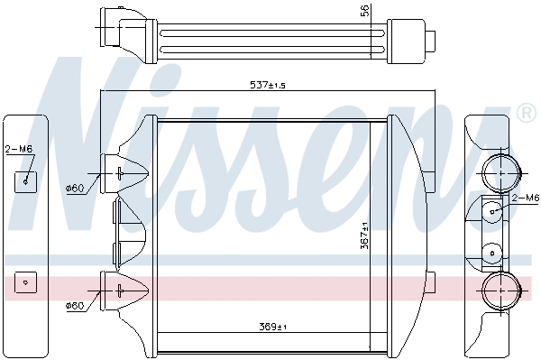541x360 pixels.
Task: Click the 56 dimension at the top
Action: pos(366,11)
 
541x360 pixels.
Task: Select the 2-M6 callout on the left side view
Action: pos(19,150)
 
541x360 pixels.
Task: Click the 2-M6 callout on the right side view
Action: pos(525,197)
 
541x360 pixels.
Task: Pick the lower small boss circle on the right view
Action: pos(492,253)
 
